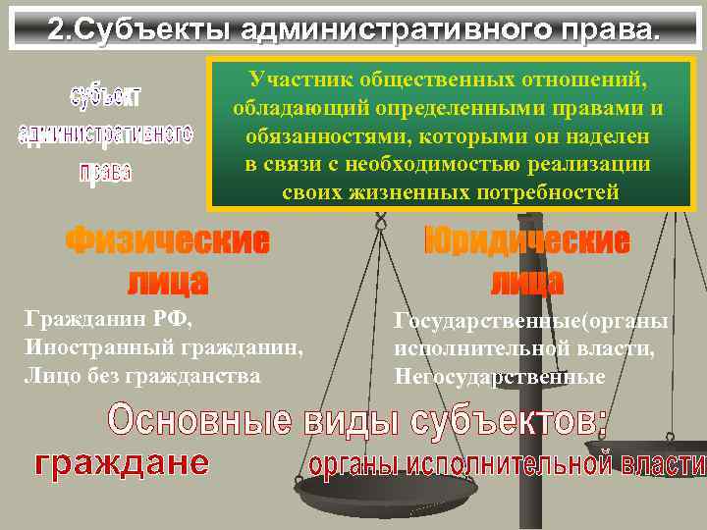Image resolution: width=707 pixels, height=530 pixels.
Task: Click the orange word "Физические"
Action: pyautogui.click(x=168, y=240)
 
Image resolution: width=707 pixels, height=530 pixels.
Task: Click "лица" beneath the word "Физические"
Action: pyautogui.click(x=168, y=282)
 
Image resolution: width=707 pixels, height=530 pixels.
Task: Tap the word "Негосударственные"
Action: pyautogui.click(x=499, y=376)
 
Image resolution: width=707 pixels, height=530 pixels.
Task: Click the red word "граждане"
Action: pyautogui.click(x=122, y=462)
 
